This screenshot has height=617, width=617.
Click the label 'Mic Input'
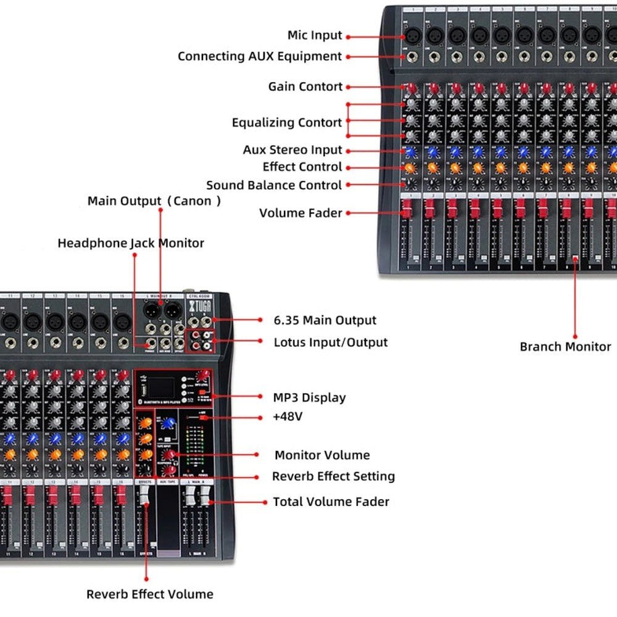[x=315, y=36]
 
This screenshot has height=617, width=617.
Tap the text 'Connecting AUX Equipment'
[x=260, y=57]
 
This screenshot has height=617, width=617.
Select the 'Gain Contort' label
[x=305, y=87]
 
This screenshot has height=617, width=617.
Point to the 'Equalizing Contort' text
[x=287, y=123]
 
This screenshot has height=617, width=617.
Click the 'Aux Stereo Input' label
[x=292, y=150]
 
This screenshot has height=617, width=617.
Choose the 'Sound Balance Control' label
[x=274, y=185]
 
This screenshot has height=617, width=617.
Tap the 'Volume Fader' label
[x=300, y=213]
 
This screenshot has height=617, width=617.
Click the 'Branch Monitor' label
[x=565, y=347]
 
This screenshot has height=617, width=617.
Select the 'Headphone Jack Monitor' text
[x=131, y=243]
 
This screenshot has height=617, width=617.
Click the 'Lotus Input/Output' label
[x=331, y=342]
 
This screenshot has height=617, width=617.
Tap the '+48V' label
[x=288, y=417]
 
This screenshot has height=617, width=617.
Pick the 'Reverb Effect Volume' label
[x=150, y=594]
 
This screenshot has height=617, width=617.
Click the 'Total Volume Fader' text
[x=331, y=502]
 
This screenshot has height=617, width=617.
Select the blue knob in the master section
[x=169, y=422]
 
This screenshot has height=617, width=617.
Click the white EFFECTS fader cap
[x=144, y=493]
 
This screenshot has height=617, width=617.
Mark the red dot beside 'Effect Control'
[x=348, y=167]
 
